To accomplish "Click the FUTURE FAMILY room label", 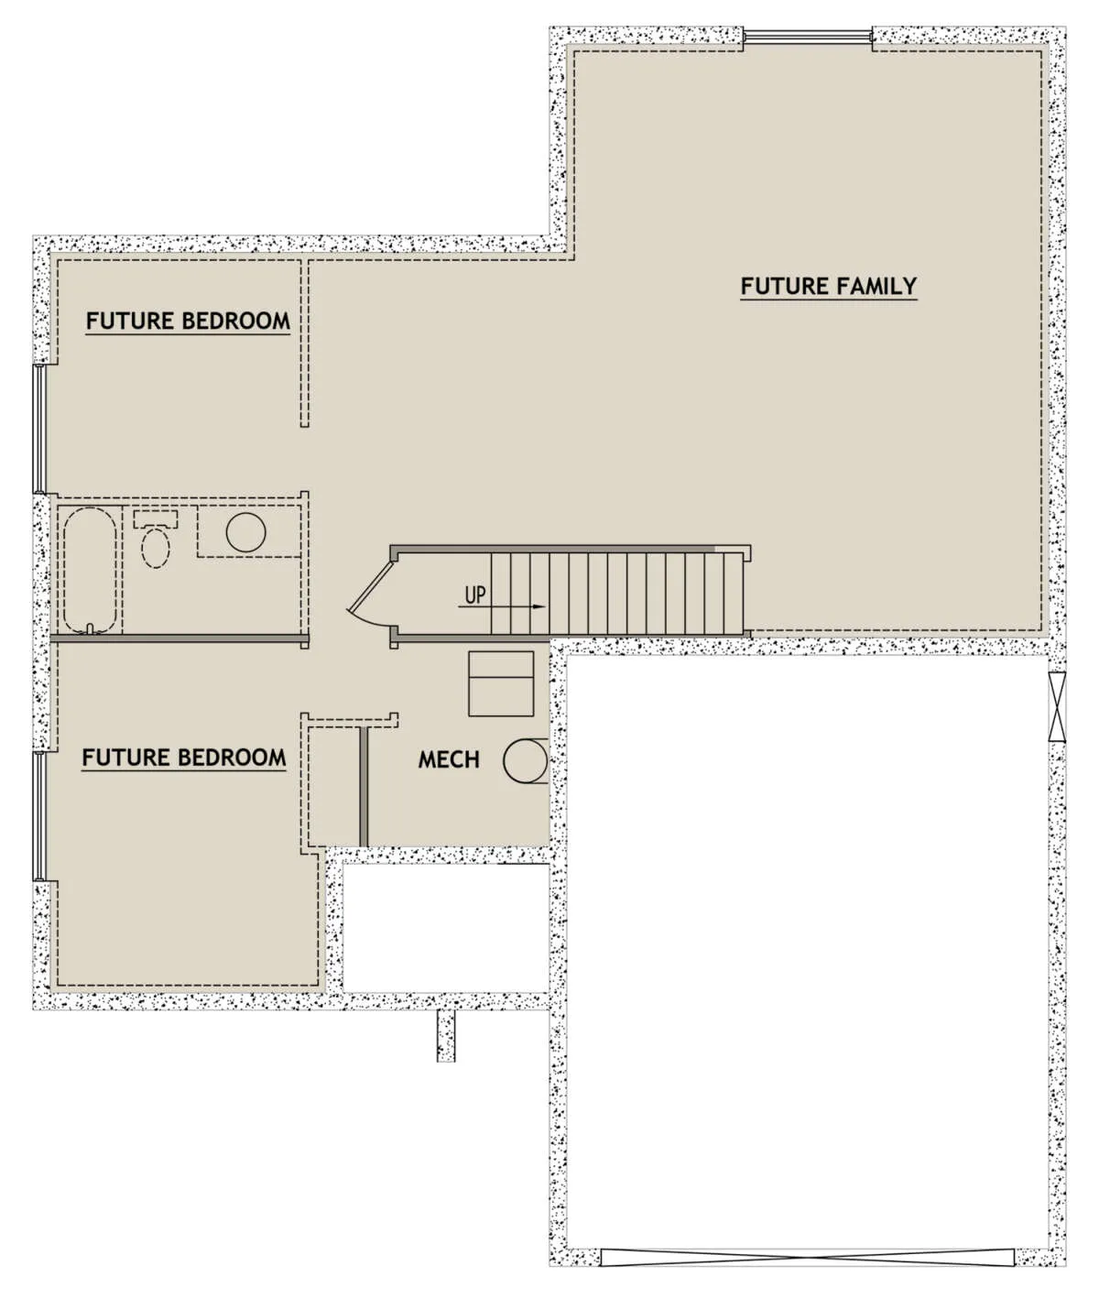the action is click(828, 286).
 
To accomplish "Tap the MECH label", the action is click(449, 759).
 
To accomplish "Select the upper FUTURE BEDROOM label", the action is click(188, 321).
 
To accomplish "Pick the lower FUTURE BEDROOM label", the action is click(184, 758).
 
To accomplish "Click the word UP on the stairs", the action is click(474, 595).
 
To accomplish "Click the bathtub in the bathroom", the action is click(90, 570).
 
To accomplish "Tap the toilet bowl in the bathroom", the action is click(156, 548).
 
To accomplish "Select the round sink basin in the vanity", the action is click(245, 532).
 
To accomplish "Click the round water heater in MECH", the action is click(526, 760).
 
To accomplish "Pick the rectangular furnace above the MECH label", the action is click(501, 683).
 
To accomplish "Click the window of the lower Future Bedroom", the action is click(39, 816).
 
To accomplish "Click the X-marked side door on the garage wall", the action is click(1057, 707).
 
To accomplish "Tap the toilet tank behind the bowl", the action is click(156, 519).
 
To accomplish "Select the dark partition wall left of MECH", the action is click(364, 786).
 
